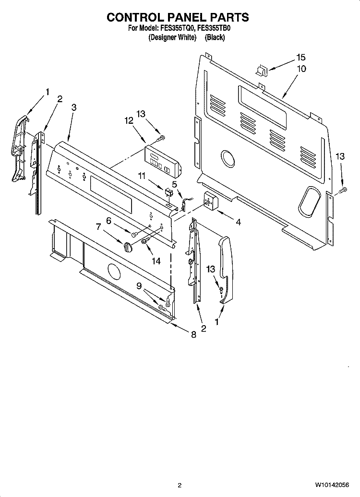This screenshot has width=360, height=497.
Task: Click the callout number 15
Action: coord(300,58)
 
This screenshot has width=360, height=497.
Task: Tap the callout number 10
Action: coord(301,69)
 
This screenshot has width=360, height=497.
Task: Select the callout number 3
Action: coord(73,107)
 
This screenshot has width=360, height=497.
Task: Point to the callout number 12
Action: coord(129,121)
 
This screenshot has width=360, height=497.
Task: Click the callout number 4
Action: coord(238,222)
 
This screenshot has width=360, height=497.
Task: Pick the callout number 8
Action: coord(193,334)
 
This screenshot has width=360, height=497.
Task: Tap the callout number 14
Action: coord(156,261)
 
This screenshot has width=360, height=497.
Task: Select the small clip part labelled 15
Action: coord(262,71)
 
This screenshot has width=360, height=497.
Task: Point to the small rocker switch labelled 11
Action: coord(168,192)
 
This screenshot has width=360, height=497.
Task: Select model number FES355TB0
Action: coord(214,28)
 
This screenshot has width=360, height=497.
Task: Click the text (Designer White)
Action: coord(172,37)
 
